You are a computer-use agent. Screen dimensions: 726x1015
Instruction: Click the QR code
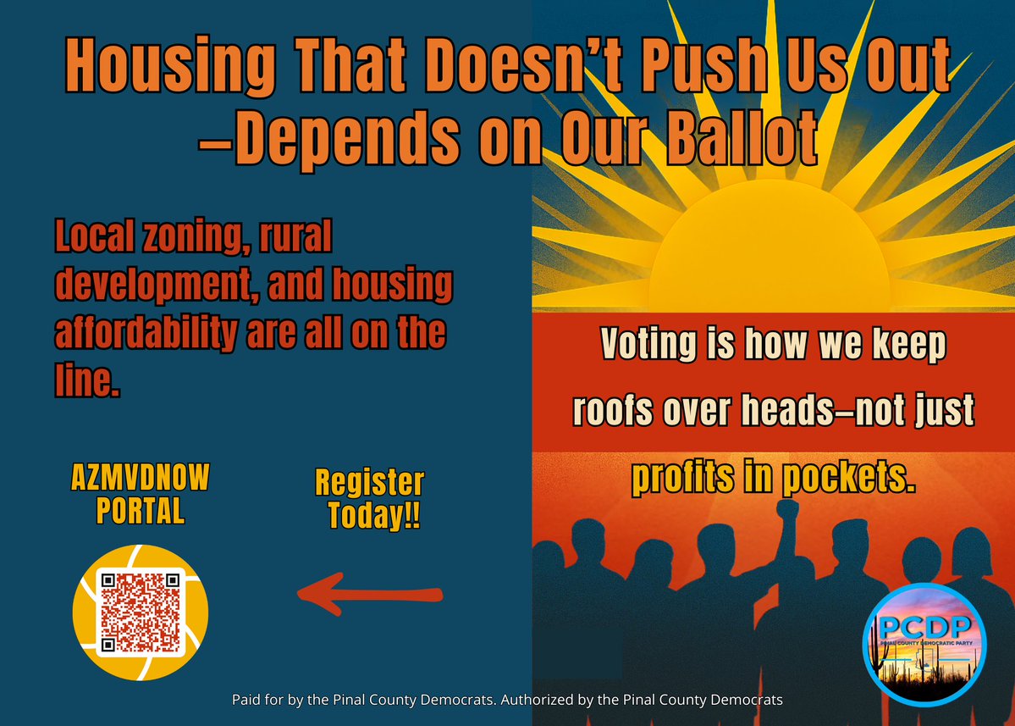tap(140, 612)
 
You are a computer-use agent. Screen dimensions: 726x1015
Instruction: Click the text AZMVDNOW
tap(139, 483)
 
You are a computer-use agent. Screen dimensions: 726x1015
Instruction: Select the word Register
tap(369, 484)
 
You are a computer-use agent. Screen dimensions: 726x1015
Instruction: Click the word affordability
tap(145, 335)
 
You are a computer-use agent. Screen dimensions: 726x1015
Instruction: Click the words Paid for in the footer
tap(257, 701)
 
